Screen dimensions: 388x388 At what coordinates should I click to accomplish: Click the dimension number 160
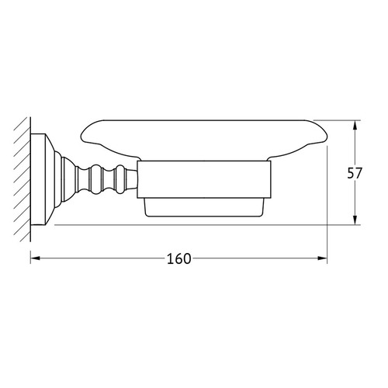pos(178,258)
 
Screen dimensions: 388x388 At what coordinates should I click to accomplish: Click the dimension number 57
pos(354,173)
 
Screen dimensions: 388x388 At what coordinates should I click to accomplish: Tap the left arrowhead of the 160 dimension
pos(36,258)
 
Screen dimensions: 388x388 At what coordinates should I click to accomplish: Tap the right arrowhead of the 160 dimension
pos(322,258)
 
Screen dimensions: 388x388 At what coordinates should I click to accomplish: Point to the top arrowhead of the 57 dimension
pos(355,125)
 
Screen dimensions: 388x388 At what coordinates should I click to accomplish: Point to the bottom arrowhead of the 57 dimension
pos(355,220)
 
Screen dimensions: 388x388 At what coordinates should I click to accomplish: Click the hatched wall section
pos(23,179)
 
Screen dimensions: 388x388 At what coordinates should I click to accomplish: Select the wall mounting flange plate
pos(38,179)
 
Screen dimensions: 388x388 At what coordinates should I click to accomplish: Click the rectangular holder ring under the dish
pos(204,179)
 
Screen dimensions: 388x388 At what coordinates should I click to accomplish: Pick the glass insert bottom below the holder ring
pos(204,207)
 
